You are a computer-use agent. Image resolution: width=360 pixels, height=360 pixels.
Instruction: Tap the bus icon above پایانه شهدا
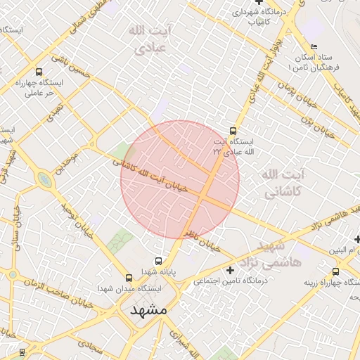tap(158, 261)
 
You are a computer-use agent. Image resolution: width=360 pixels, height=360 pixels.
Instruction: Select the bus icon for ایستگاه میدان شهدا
tap(128, 278)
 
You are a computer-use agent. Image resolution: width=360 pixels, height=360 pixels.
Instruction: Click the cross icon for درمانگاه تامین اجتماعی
tap(230, 270)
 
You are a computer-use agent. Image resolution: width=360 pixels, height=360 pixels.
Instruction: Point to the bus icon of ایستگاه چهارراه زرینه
tap(335, 271)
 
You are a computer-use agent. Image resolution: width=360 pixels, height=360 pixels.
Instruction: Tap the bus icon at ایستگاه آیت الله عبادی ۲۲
tap(233, 131)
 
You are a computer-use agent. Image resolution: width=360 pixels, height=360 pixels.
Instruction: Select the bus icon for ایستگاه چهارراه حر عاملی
tap(38, 72)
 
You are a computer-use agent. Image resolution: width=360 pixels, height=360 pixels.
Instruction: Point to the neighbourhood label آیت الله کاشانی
tap(281, 182)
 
